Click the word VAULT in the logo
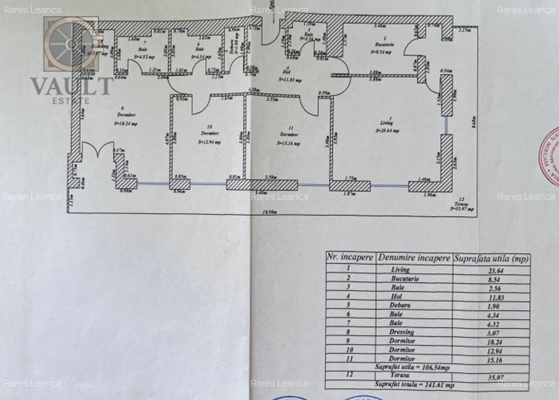coord(72,87)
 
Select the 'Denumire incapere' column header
coord(414,258)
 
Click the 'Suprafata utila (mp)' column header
coord(491,258)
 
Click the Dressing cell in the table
coord(402,332)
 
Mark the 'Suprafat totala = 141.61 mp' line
coord(414,385)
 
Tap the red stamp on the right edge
coord(550,156)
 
